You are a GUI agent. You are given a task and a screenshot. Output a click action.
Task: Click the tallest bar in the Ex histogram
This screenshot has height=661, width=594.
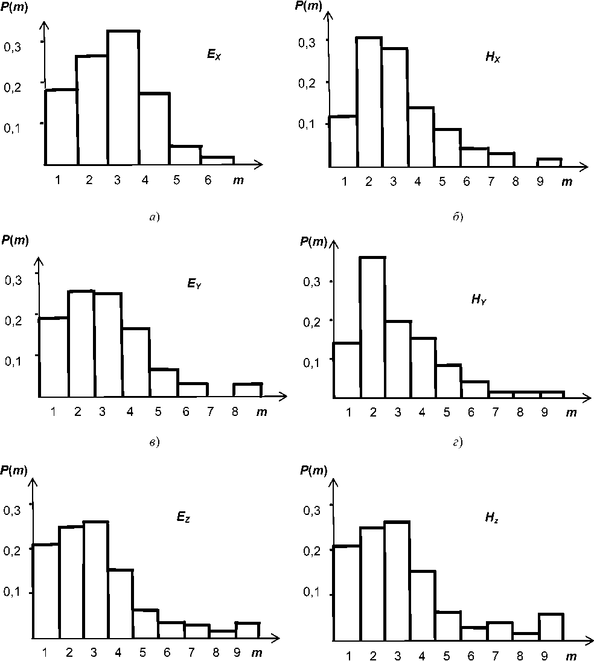click(124, 97)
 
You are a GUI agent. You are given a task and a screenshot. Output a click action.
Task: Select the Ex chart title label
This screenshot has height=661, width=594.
click(215, 56)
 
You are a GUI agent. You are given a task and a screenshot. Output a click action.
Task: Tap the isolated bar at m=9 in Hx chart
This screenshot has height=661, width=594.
click(549, 162)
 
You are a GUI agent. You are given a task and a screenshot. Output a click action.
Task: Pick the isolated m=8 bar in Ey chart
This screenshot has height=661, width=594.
click(247, 390)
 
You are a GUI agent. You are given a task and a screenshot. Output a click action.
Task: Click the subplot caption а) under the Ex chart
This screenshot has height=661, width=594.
click(153, 217)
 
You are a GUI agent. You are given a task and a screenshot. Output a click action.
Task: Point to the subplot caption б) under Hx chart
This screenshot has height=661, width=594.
click(457, 217)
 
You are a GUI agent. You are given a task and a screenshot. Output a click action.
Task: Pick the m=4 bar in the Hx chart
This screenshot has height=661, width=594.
click(421, 136)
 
